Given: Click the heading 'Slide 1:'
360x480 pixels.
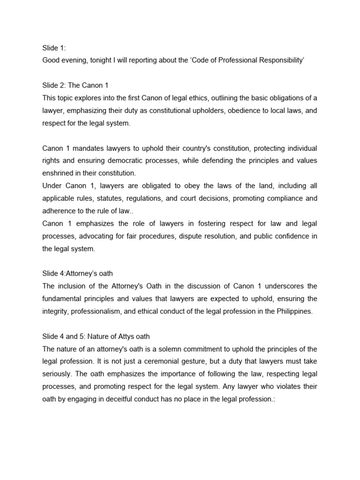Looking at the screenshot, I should [x=54, y=47].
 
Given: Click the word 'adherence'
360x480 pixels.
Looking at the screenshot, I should [x=59, y=211].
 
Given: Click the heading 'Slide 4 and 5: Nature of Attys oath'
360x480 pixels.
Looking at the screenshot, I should [x=96, y=337].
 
